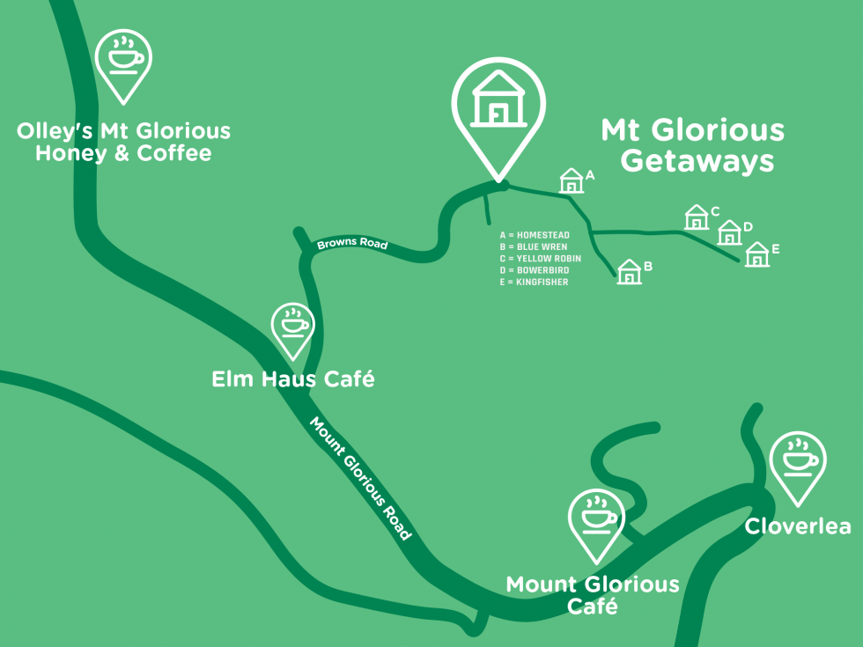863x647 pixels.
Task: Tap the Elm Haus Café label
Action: coord(293,379)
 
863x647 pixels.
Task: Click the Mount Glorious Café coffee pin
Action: coord(596,518)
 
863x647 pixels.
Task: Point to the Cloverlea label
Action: coord(798,526)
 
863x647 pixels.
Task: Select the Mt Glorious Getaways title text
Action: coord(693,146)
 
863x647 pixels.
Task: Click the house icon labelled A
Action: coord(572,181)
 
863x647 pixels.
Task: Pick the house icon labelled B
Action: coord(629,272)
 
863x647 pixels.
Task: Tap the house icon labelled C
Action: coord(697,217)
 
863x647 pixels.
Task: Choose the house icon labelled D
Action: coord(729,233)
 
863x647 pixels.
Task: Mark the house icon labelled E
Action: coord(757,255)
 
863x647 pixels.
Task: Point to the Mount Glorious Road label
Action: coord(360,478)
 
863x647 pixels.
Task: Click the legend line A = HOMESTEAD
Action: coord(535,236)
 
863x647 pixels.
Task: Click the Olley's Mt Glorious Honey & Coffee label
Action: coord(123,143)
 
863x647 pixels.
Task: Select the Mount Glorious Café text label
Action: coord(593,595)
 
